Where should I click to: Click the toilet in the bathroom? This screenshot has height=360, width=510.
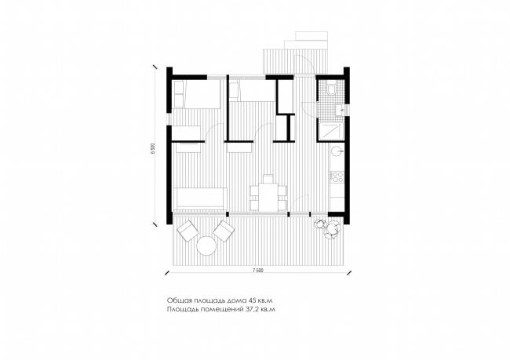(332, 89)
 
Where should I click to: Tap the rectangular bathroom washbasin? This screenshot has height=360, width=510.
(340, 110)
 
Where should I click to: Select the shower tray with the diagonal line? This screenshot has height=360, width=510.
(331, 132)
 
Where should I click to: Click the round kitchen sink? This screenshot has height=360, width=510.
(337, 151)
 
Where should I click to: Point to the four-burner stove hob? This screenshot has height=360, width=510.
(337, 177)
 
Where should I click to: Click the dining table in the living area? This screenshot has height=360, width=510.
(268, 197)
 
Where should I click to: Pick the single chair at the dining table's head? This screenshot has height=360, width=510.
(268, 179)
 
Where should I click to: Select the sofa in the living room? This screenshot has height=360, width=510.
(202, 198)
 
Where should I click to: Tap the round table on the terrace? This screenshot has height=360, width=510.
(206, 245)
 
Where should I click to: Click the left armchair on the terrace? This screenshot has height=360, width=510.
(188, 231)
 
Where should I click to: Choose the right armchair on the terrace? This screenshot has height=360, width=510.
(224, 231)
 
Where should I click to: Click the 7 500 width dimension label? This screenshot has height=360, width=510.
(257, 271)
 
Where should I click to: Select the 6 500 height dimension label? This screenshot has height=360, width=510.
(152, 148)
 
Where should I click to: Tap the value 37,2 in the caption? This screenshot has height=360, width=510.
(250, 309)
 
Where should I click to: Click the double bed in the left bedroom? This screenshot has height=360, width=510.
(196, 94)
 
